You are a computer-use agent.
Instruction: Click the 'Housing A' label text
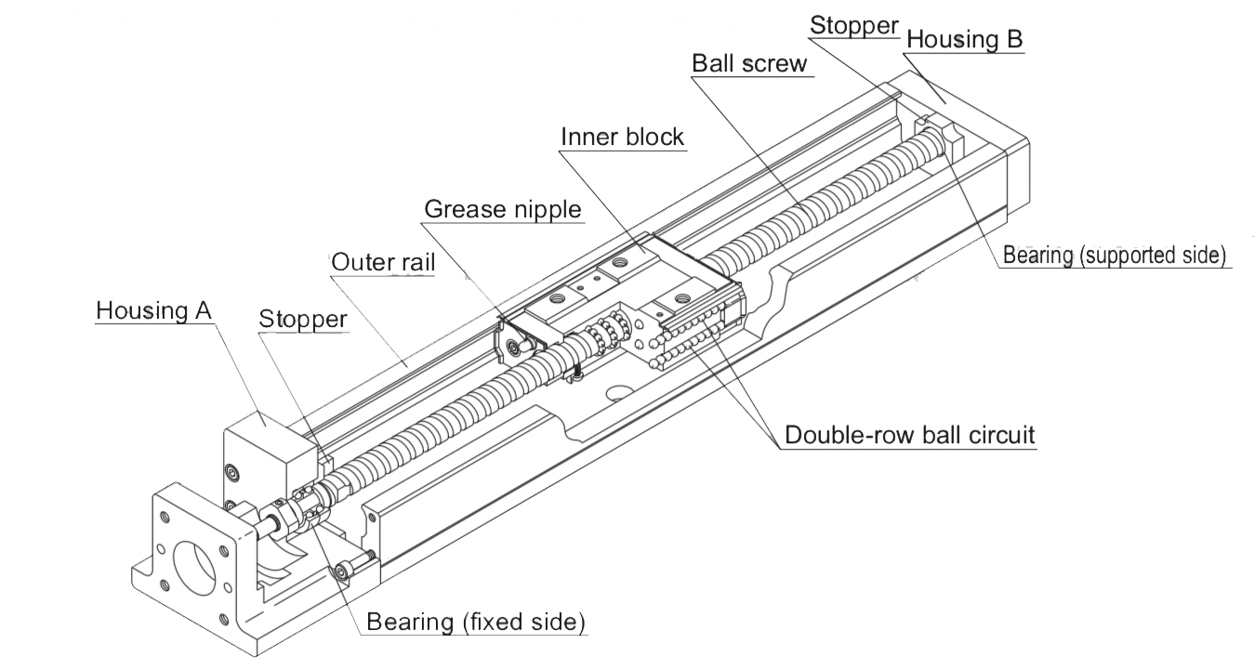154,310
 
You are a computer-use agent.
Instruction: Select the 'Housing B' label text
964,40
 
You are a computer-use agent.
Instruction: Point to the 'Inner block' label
622,136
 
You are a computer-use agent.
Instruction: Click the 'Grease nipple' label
503,208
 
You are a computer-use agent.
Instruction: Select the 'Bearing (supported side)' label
1115,255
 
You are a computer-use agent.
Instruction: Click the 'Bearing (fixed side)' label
475,622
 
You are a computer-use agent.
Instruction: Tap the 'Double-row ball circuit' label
909,435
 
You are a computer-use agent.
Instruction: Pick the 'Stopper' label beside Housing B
853,25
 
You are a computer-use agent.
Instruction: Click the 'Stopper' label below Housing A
303,319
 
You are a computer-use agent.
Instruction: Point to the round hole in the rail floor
614,393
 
